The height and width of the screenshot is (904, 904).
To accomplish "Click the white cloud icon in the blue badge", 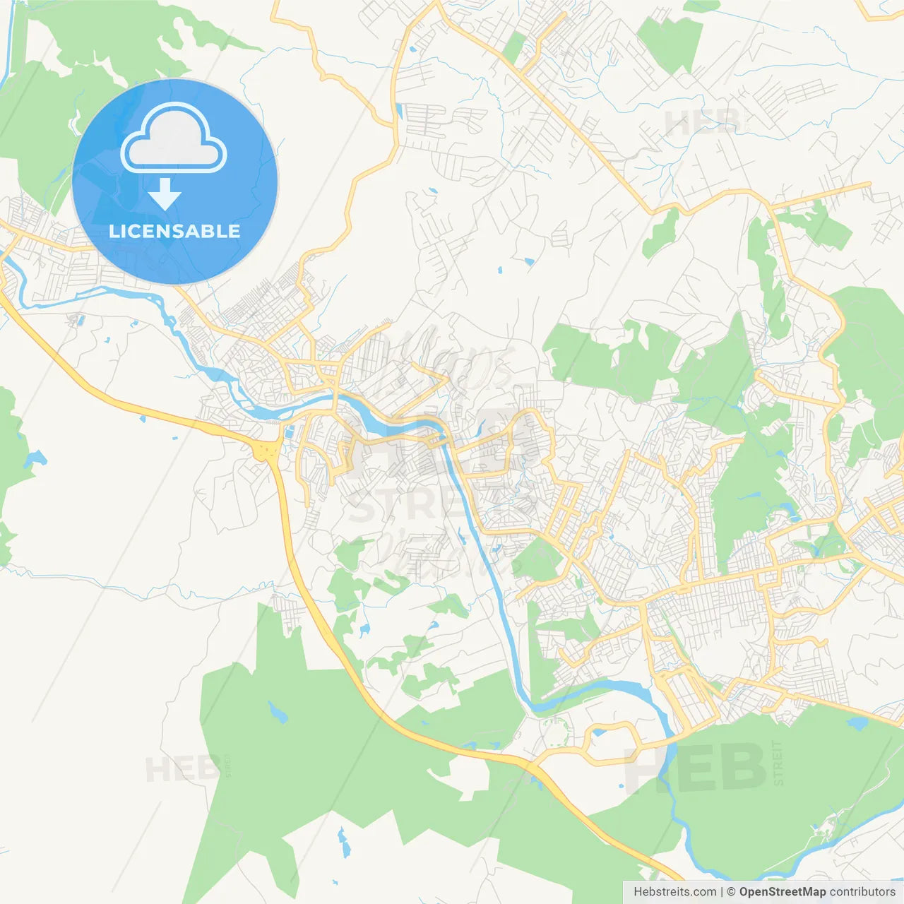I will coord(174,138).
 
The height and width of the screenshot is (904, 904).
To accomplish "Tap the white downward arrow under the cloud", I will coord(165,194).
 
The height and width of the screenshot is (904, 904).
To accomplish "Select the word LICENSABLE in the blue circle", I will coord(174,232).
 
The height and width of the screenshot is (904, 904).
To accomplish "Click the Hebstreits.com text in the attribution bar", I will coord(674,892).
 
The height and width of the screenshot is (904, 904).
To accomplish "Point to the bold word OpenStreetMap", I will coord(782,892).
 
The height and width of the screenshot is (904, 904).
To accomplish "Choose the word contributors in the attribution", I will coord(862,892).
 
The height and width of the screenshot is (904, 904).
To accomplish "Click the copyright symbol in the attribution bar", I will coord(731,892).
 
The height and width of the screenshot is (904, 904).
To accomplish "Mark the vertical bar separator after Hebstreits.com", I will coord(721,892).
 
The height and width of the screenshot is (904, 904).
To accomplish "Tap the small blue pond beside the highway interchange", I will coord(288,431).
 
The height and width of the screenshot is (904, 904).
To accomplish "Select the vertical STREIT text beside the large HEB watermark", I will coord(778,763).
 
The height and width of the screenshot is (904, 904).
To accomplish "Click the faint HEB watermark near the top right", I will coord(703,122).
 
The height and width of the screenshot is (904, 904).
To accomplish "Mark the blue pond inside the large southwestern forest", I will coord(278,713).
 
